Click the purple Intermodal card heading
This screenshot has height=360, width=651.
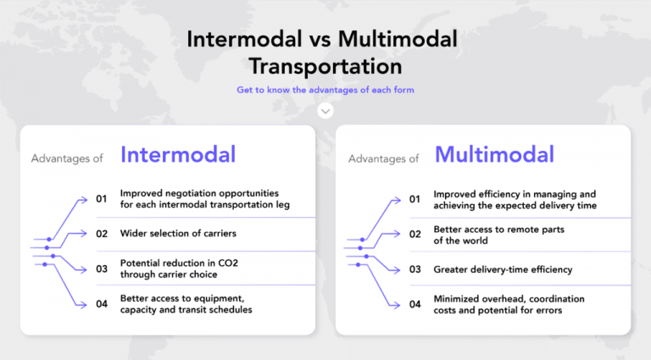178,155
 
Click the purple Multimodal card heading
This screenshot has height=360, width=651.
494,155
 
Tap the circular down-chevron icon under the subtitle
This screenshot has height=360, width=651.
325,111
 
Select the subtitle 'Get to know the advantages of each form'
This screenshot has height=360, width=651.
325,90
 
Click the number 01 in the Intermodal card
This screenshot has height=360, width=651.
102,199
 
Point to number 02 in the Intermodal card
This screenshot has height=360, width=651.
102,233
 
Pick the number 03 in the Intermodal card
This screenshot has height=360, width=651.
102,269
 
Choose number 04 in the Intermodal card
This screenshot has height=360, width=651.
102,304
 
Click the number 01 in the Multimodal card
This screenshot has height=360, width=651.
415,200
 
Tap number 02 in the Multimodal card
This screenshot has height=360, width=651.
415,235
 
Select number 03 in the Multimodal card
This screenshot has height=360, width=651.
415,269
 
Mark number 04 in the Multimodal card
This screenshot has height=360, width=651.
415,304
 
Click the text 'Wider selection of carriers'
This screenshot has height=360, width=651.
178,233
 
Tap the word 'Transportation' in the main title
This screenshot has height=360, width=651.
325,65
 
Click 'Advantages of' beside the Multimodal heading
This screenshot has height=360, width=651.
383,158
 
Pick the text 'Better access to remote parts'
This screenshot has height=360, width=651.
498,229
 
